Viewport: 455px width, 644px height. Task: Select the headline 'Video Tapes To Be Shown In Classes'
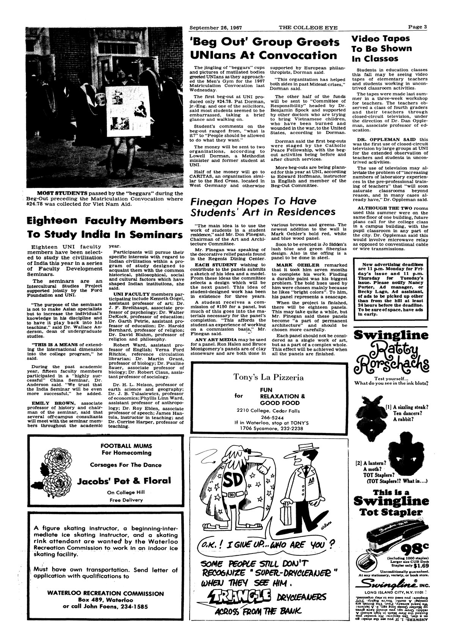[x=376, y=48]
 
